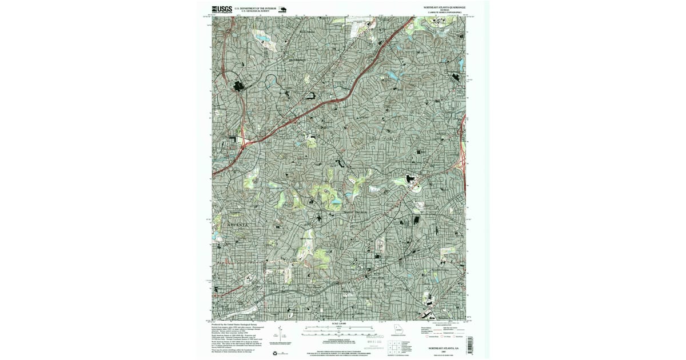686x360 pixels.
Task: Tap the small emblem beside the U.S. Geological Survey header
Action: pyautogui.click(x=282, y=9)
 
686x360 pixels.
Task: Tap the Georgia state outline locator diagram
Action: pyautogui.click(x=398, y=330)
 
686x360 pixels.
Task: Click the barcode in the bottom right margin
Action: pyautogui.click(x=469, y=345)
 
